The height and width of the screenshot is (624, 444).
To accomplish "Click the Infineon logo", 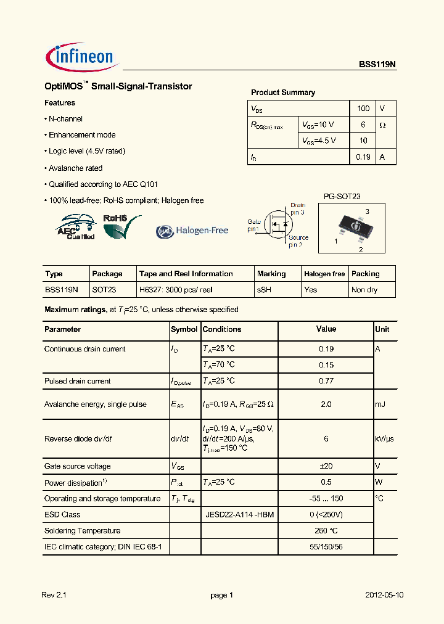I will coord(81,57).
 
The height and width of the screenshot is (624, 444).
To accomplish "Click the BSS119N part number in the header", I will coord(377,64).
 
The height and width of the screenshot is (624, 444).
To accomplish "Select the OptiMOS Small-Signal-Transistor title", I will coord(118,86).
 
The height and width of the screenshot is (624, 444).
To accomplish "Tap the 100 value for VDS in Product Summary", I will coord(363,109).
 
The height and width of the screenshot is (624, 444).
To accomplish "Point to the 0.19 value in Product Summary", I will coord(363,157).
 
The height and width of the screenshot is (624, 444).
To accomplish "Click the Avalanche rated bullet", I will coord(75,168).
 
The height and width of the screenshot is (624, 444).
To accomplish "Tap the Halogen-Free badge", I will coord(192,231).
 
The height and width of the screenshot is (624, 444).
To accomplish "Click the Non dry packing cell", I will coord(364,290).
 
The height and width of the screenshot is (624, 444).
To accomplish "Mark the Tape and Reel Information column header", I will coord(186,274).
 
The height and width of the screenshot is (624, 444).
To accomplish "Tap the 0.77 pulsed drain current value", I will coord(326,381).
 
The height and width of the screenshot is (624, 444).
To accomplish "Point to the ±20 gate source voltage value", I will coord(326,466).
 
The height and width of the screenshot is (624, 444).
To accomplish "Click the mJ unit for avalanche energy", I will coord(380,404).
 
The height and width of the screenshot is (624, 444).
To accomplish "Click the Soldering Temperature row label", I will coord(82,530).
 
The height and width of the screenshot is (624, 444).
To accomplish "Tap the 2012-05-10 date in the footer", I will coord(385,595).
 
